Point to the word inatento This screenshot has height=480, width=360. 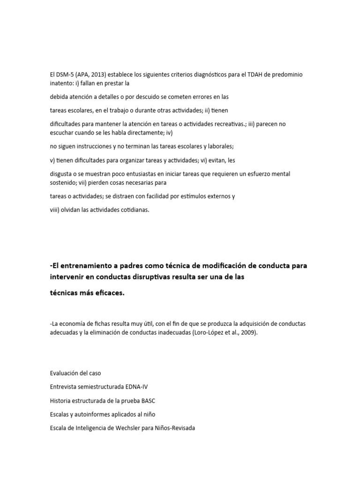61,83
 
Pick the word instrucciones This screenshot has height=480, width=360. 97,146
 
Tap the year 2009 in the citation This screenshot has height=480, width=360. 248,332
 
